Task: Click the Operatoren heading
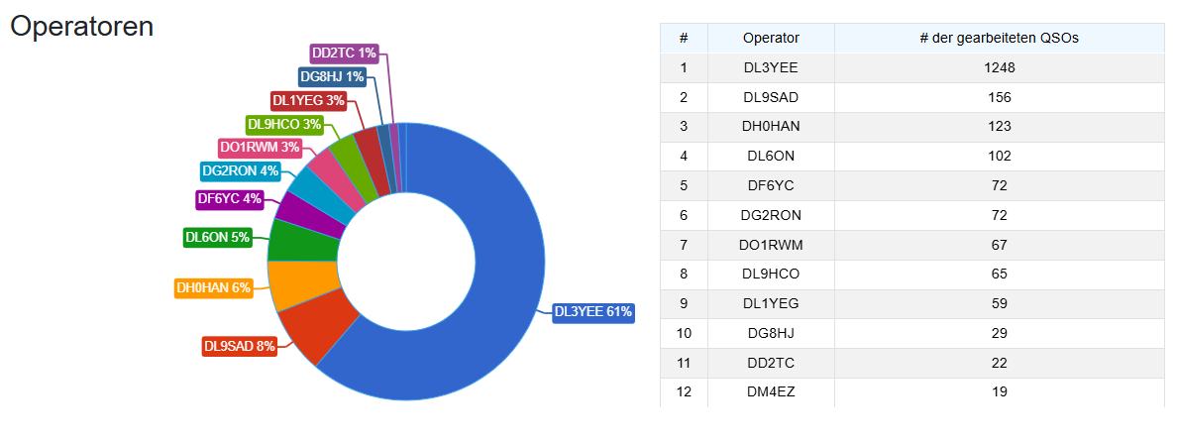[81, 27]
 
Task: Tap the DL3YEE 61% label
[592, 312]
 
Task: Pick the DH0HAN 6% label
[213, 288]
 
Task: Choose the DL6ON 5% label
[217, 237]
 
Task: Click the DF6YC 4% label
[229, 199]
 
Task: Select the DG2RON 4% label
[240, 171]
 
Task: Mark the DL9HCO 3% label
[284, 125]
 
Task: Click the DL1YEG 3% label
[309, 100]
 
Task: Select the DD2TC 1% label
[344, 53]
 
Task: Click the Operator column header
[771, 39]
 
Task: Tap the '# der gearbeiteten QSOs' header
[999, 39]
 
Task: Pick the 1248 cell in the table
[999, 68]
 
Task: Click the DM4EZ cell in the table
[771, 391]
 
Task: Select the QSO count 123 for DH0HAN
[999, 127]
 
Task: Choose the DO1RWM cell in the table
[771, 245]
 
